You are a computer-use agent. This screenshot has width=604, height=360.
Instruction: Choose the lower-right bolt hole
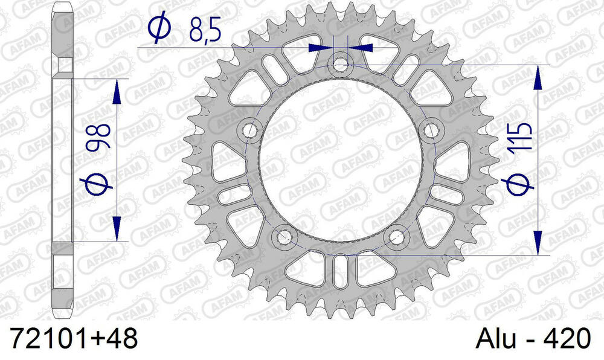[x=397, y=236]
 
